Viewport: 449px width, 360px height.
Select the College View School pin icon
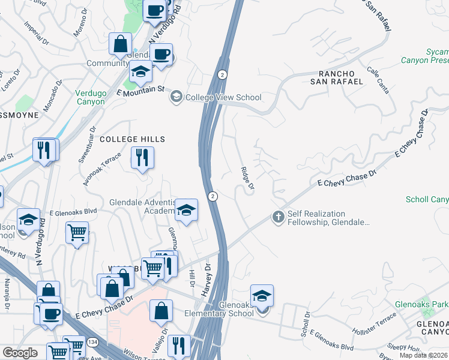tap(176, 97)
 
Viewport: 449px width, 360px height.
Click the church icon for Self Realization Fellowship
tap(277, 217)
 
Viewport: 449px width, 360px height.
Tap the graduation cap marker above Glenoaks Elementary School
tap(262, 296)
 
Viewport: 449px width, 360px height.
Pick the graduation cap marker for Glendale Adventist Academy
tap(187, 211)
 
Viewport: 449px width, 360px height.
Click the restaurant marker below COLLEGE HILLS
tap(142, 158)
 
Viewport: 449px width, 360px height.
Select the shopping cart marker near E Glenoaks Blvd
tap(77, 232)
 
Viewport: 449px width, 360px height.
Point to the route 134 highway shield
tap(79, 341)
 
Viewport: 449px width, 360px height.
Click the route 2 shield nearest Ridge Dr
tap(212, 196)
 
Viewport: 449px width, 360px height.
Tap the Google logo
tap(19, 353)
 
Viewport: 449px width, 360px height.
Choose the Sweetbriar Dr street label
tap(87, 145)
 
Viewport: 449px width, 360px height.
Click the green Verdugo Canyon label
tap(90, 97)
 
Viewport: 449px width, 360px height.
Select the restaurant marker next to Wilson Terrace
tap(179, 346)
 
